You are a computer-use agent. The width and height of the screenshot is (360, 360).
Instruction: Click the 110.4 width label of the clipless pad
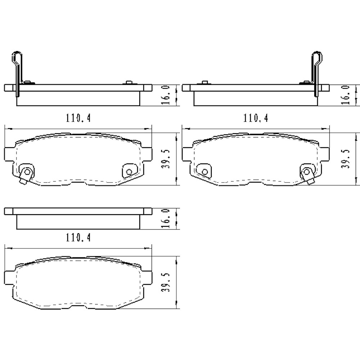(x=78, y=238)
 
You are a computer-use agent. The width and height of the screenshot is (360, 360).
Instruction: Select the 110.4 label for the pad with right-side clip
(x=256, y=118)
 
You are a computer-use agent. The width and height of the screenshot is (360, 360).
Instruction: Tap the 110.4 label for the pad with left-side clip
(x=78, y=118)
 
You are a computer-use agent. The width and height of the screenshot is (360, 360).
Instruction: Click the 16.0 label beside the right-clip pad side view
(x=346, y=95)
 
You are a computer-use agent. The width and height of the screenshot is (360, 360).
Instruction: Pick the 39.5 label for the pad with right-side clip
(x=346, y=159)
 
